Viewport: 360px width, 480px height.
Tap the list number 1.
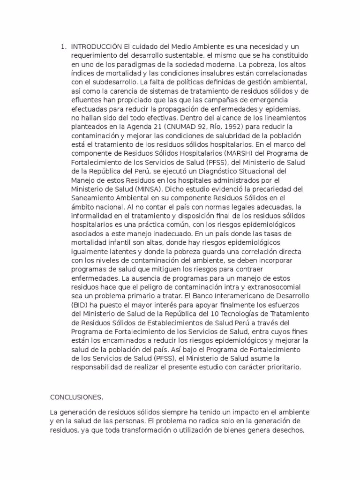pos(63,47)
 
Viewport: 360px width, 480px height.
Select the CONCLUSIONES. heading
pos(76,397)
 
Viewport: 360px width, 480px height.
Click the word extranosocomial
pos(261,286)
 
